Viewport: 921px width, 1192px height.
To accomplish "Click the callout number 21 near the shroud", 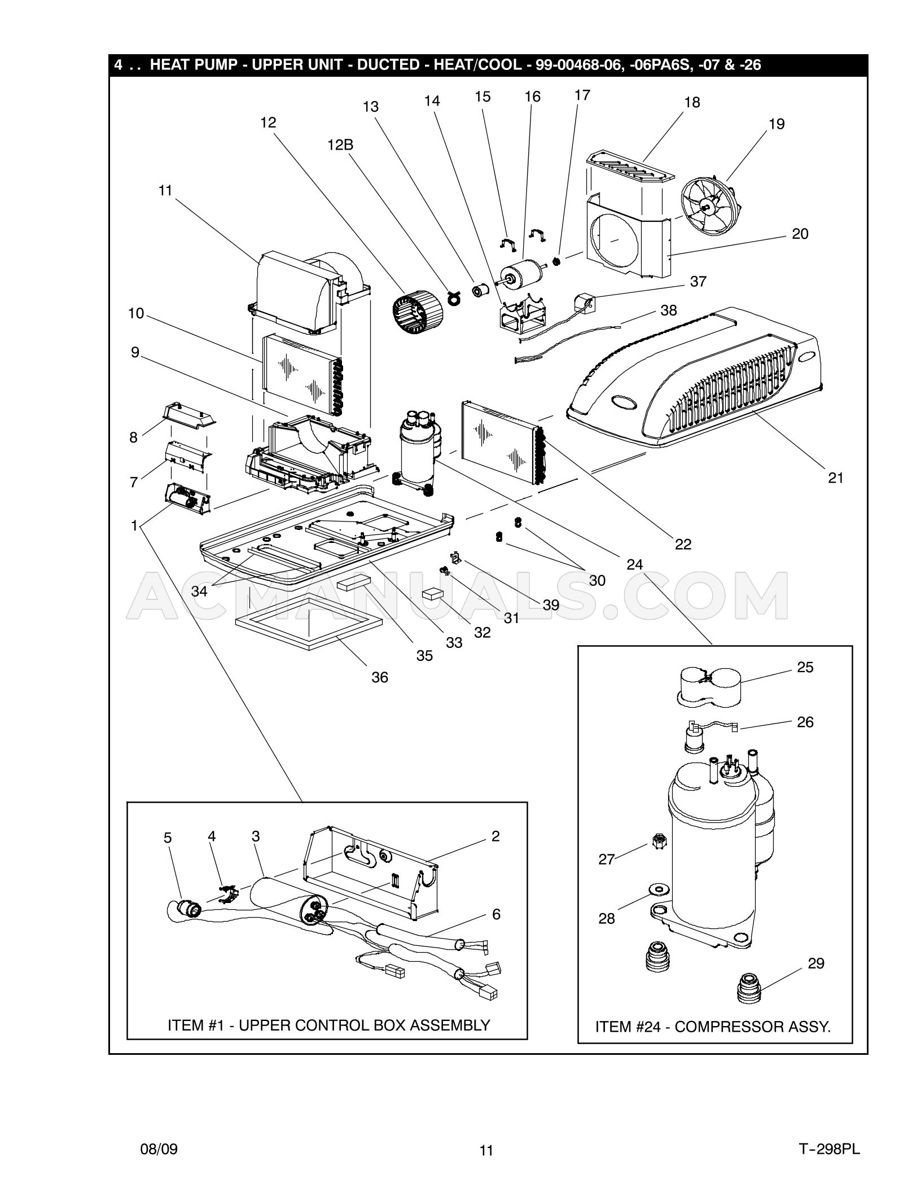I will (835, 477).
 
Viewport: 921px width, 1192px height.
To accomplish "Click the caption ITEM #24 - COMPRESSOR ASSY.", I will (713, 1026).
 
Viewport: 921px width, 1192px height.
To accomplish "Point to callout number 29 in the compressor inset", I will (816, 963).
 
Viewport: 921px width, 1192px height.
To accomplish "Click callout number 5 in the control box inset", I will (168, 838).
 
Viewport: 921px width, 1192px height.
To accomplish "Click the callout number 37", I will (698, 281).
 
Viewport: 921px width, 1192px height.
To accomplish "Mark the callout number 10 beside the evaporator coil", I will (136, 313).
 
